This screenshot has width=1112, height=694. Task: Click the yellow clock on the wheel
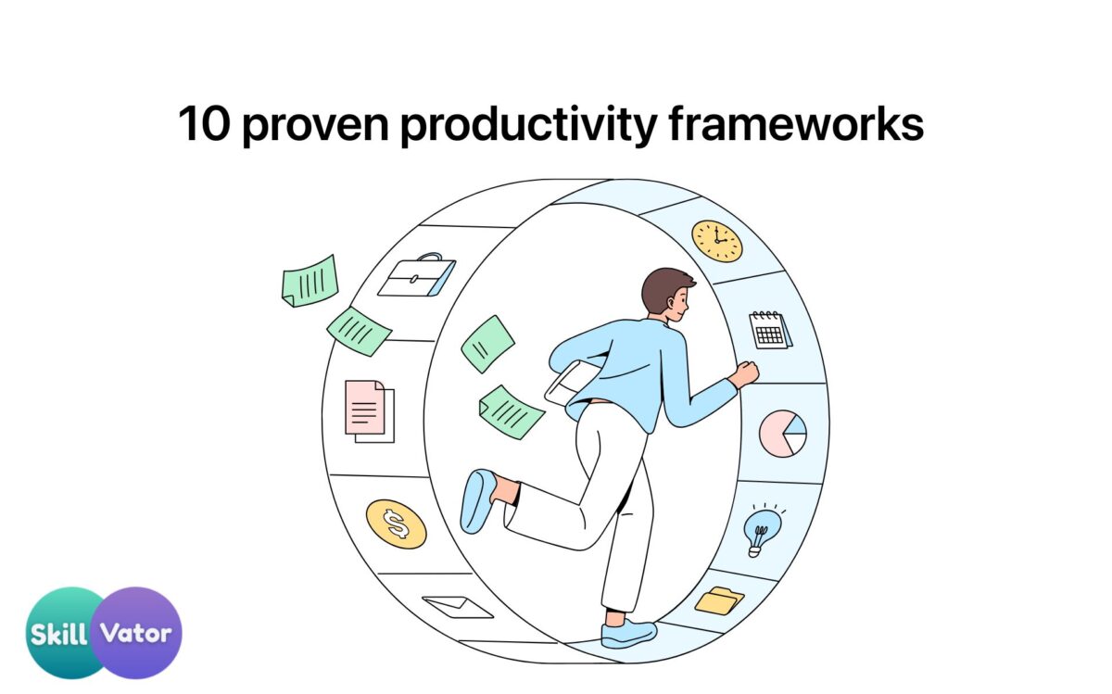tap(717, 241)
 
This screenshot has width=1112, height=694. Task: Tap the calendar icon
tap(770, 330)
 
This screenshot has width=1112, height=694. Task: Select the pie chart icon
tap(783, 434)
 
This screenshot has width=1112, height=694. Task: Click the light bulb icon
tap(762, 530)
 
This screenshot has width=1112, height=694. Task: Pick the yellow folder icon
tap(719, 600)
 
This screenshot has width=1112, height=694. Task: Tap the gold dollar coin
tap(397, 524)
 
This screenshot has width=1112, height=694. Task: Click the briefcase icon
tap(417, 275)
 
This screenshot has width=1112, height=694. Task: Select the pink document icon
tap(370, 411)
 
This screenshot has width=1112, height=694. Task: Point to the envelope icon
tap(458, 607)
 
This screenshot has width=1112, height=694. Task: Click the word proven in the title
tap(315, 125)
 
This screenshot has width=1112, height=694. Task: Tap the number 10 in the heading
tap(204, 123)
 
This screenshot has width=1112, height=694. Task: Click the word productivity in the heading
tap(529, 125)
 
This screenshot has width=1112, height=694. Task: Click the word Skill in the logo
tap(58, 634)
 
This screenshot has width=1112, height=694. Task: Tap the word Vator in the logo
tap(135, 633)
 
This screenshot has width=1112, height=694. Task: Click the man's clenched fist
tap(747, 373)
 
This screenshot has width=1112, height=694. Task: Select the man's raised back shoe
tap(477, 501)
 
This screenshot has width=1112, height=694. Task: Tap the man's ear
tap(671, 302)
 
